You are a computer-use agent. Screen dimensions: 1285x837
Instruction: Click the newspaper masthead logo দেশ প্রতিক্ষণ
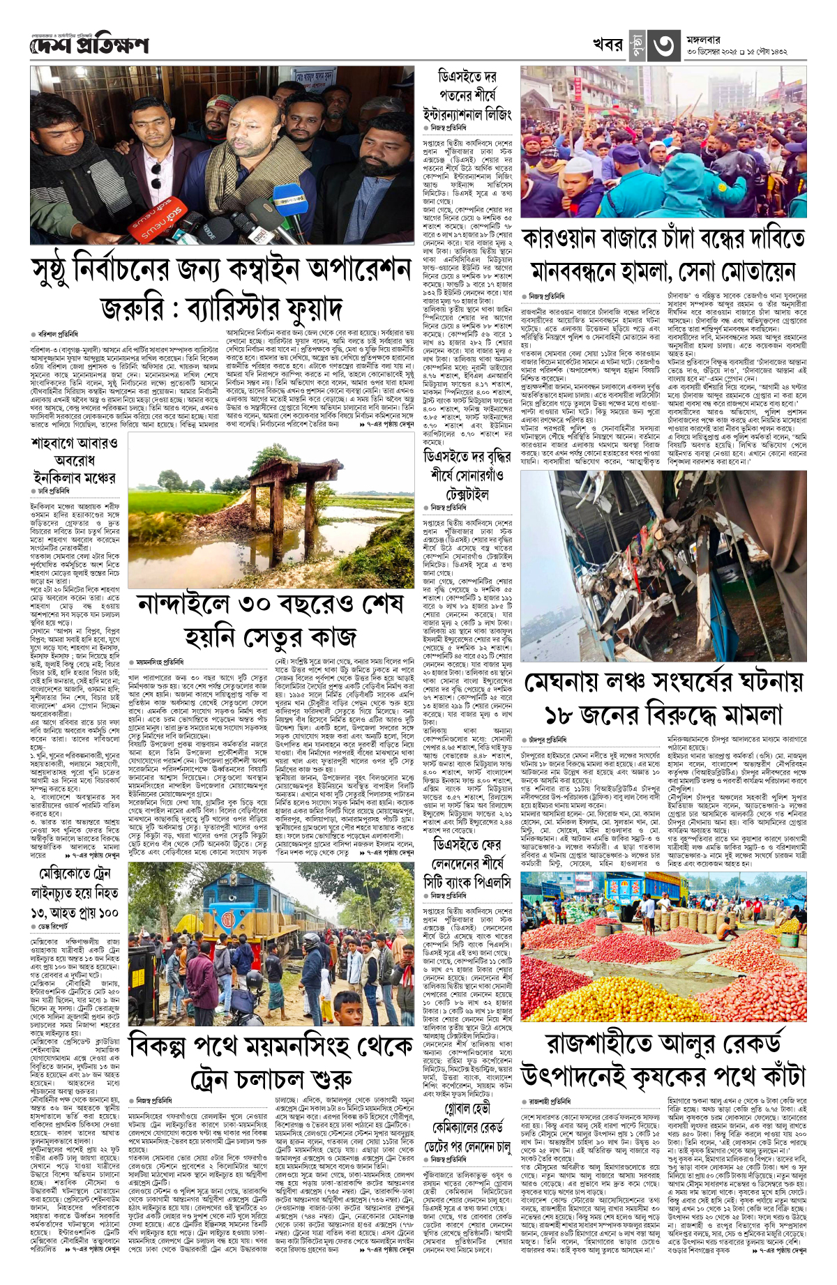tap(89, 45)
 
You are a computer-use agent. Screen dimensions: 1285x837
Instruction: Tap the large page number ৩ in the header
tap(663, 45)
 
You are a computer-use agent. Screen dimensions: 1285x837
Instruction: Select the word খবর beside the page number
tap(608, 45)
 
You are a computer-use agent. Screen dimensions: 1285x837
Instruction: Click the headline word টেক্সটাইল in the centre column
tap(466, 493)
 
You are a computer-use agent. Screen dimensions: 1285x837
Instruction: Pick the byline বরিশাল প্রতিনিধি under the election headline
tap(58, 335)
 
